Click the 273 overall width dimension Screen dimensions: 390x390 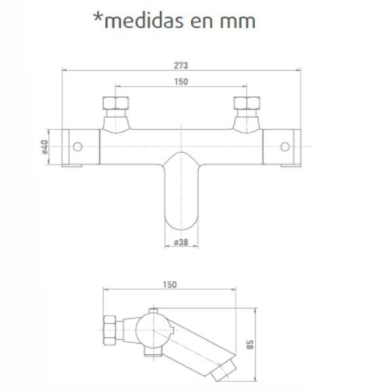coord(181,66)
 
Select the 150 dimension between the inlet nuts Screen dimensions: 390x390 coord(181,82)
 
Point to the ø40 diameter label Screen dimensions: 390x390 coord(44,147)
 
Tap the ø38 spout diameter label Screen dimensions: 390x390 coord(181,243)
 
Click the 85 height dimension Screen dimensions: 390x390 coord(250,345)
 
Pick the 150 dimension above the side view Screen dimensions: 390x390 coord(170,285)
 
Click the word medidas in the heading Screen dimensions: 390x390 coord(144,20)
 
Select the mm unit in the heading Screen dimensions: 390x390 coord(238,23)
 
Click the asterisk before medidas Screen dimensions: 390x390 coord(97,17)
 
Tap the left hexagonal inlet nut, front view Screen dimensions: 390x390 coord(115,103)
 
